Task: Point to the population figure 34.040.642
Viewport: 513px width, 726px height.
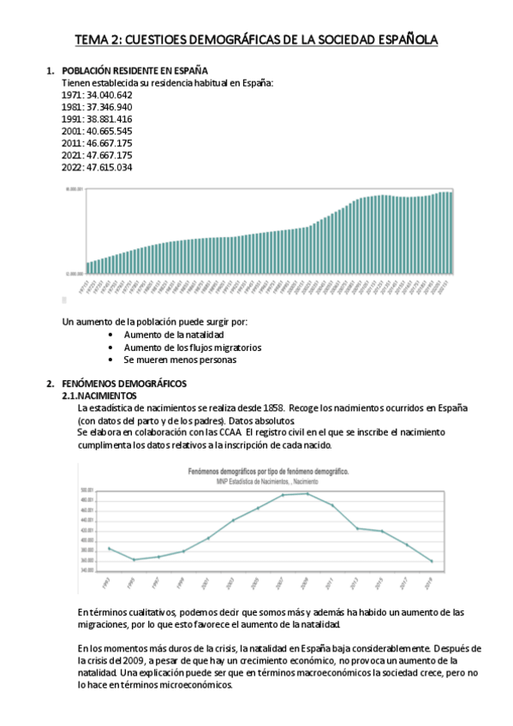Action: pyautogui.click(x=110, y=95)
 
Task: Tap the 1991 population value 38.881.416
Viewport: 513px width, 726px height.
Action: pyautogui.click(x=110, y=119)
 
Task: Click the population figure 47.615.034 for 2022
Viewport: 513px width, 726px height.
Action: pyautogui.click(x=110, y=168)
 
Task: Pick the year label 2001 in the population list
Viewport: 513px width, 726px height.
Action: pyautogui.click(x=72, y=131)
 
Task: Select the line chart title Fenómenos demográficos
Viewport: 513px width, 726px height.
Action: pyautogui.click(x=268, y=473)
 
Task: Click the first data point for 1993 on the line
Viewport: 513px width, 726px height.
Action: pyautogui.click(x=109, y=548)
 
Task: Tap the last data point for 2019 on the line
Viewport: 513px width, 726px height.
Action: pyautogui.click(x=432, y=562)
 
